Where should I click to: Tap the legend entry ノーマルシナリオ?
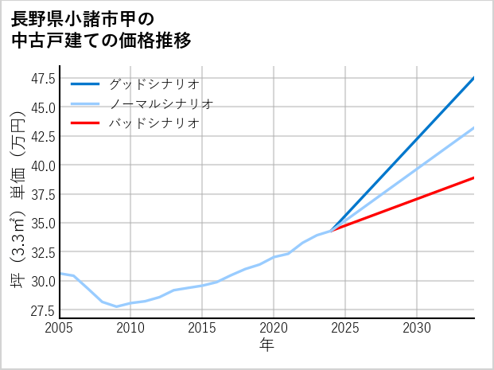point(161,103)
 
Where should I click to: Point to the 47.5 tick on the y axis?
point(43,78)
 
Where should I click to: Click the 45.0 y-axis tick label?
point(43,107)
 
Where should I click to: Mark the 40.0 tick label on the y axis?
point(43,166)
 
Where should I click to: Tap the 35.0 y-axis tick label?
point(43,224)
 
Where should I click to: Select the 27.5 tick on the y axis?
point(43,310)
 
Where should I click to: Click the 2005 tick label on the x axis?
point(59,328)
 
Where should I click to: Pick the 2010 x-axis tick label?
point(130,328)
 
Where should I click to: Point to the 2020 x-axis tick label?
point(274,328)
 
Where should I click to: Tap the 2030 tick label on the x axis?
point(417,328)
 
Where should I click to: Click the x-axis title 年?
point(266,345)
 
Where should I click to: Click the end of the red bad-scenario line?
point(474,177)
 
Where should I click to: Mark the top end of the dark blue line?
point(474,78)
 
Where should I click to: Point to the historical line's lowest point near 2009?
point(116,306)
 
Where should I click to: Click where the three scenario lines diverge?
point(332,230)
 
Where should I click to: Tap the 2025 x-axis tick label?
point(345,328)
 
